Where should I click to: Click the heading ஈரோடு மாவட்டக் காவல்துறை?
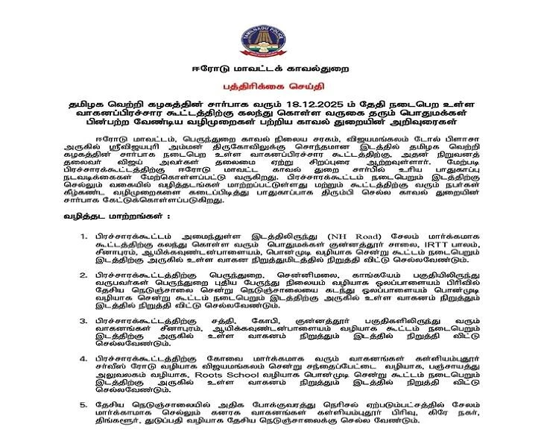[271, 72]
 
